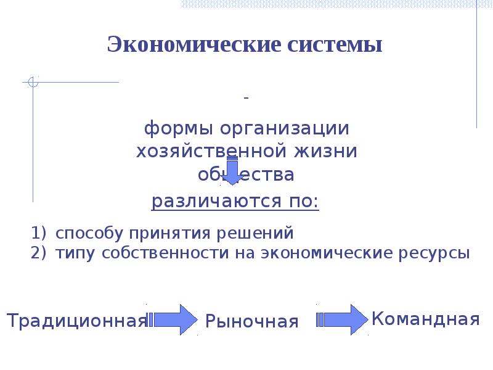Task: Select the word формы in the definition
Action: pyautogui.click(x=173, y=129)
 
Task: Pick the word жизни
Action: pyautogui.click(x=326, y=152)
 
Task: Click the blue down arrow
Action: pyautogui.click(x=233, y=170)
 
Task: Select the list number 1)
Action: pyautogui.click(x=39, y=234)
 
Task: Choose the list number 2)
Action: pyautogui.click(x=39, y=253)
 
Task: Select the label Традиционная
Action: pyautogui.click(x=77, y=321)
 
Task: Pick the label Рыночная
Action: pyautogui.click(x=251, y=321)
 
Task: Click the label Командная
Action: pyautogui.click(x=426, y=319)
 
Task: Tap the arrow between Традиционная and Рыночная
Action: pyautogui.click(x=174, y=319)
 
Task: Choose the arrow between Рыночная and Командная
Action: pyautogui.click(x=343, y=319)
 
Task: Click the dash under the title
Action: pyautogui.click(x=246, y=99)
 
